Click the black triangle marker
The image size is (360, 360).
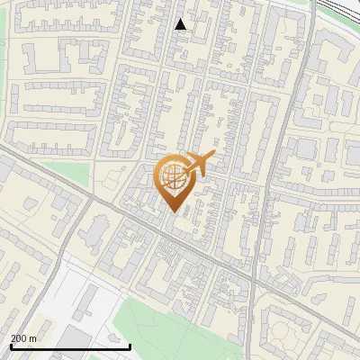click(x=180, y=24)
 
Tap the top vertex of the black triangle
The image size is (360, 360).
click(x=180, y=19)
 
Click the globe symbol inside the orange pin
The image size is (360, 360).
click(x=174, y=176)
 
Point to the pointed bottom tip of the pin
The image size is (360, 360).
click(x=174, y=212)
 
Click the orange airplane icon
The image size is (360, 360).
click(x=199, y=164)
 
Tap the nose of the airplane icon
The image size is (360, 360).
click(x=215, y=155)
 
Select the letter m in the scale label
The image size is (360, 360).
click(x=33, y=338)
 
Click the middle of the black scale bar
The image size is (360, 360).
click(x=70, y=346)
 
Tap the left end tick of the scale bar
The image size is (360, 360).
click(x=11, y=346)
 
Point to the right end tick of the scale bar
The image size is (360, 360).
click(x=130, y=346)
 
